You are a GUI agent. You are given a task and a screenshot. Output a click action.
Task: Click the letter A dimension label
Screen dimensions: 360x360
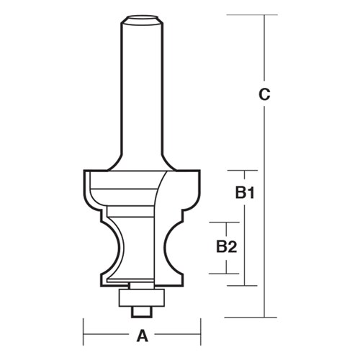pos(142,334)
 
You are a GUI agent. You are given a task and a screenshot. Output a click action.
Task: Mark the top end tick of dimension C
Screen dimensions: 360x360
pos(266,14)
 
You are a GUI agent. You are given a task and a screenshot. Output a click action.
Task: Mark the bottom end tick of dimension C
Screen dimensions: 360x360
pos(266,317)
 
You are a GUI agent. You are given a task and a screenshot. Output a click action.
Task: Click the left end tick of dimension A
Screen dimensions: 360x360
pos(85,334)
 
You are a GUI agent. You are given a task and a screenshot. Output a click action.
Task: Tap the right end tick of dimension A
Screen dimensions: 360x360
pos(199,334)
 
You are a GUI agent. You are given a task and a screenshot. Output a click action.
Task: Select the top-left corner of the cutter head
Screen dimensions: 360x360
pos(86,171)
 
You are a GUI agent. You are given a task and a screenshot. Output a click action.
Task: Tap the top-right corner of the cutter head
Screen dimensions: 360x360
pos(199,171)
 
